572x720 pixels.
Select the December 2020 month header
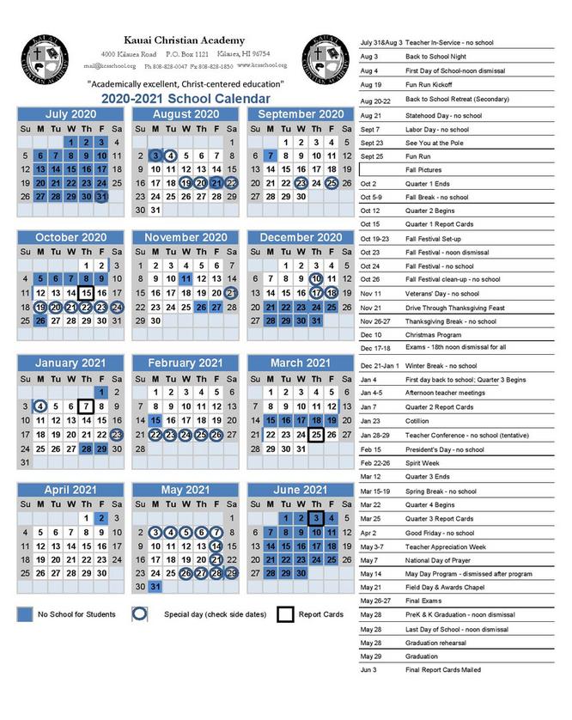click(301, 238)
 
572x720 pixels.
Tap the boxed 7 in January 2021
click(85, 406)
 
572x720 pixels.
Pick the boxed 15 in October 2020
click(85, 293)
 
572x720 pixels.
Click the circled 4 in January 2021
click(40, 406)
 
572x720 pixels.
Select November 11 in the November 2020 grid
click(186, 278)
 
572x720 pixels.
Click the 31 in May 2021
click(155, 587)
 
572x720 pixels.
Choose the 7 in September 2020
click(271, 156)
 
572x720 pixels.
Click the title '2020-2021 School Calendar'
click(186, 98)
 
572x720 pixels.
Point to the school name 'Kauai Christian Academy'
click(185, 40)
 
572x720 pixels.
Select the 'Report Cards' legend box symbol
click(285, 614)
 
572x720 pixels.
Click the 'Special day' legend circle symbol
click(142, 614)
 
